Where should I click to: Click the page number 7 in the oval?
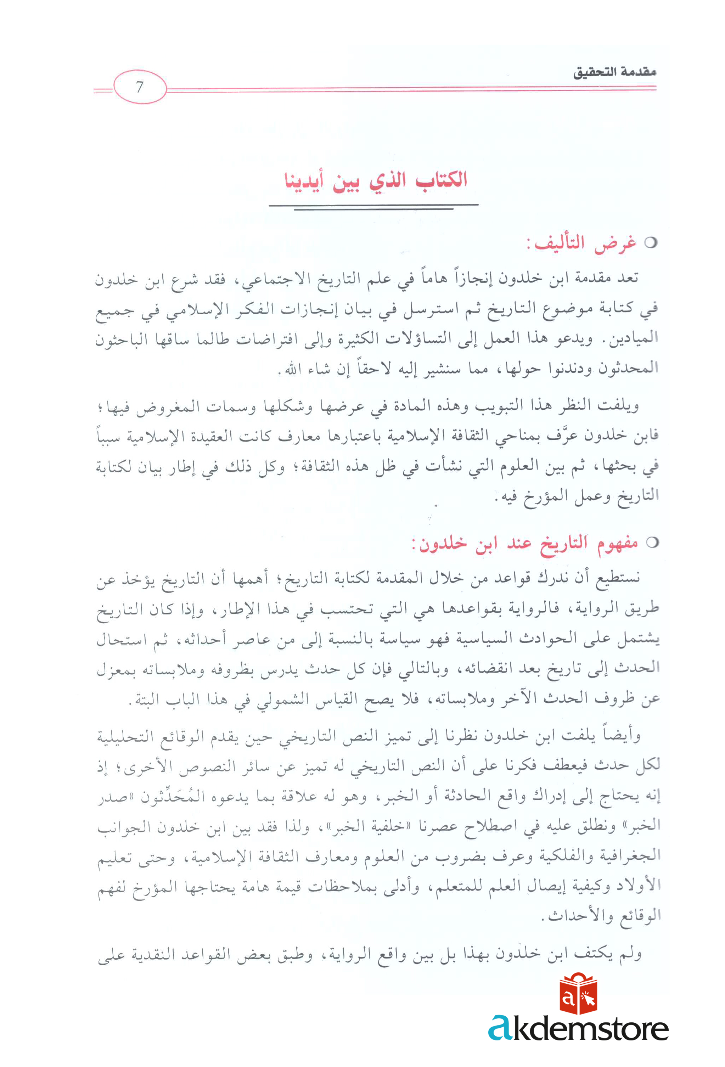pyautogui.click(x=140, y=87)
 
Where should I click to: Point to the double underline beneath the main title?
pyautogui.click(x=373, y=207)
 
